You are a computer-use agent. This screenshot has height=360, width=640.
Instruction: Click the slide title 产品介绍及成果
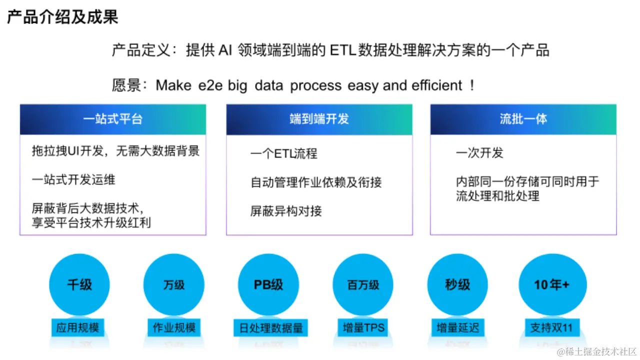[x=62, y=17]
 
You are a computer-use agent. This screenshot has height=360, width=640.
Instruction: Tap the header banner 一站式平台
[x=112, y=119]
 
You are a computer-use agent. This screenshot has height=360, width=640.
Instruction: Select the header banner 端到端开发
[x=319, y=119]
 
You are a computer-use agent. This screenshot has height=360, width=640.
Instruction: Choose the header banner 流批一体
[x=523, y=119]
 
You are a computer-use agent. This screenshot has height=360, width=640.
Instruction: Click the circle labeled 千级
[x=79, y=284]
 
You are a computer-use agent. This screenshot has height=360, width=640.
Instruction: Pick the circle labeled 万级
[x=174, y=284]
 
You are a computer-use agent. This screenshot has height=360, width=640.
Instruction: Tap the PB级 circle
[x=268, y=284]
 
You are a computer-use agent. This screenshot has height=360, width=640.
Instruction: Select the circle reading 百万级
[x=363, y=284]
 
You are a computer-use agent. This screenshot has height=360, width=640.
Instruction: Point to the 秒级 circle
[x=457, y=284]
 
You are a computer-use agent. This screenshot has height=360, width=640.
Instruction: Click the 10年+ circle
[x=551, y=284]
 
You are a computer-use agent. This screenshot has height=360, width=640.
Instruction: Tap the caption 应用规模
[x=77, y=328]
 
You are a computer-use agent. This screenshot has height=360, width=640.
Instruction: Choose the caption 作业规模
[x=174, y=328]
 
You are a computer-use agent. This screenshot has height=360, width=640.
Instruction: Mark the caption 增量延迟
[x=457, y=328]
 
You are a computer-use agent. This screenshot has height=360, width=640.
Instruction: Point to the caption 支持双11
[x=551, y=328]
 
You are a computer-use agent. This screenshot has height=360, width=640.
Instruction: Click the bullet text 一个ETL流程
[x=283, y=153]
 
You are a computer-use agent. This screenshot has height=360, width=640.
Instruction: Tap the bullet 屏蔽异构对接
[x=286, y=211]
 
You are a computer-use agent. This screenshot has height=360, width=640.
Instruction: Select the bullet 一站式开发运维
[x=73, y=179]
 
